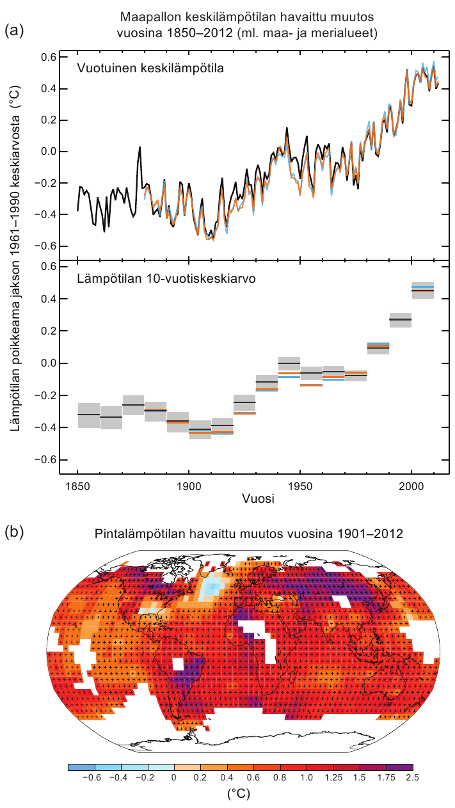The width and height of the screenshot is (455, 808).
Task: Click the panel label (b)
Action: [x=14, y=532]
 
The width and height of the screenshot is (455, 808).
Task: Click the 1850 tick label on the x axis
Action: [x=77, y=484]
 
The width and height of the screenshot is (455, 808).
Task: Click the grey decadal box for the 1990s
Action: [x=401, y=319]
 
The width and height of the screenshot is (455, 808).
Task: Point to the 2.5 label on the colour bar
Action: [x=413, y=777]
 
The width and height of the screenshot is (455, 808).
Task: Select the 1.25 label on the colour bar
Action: [x=333, y=777]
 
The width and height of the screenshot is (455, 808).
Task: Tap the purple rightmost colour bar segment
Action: [x=399, y=766]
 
